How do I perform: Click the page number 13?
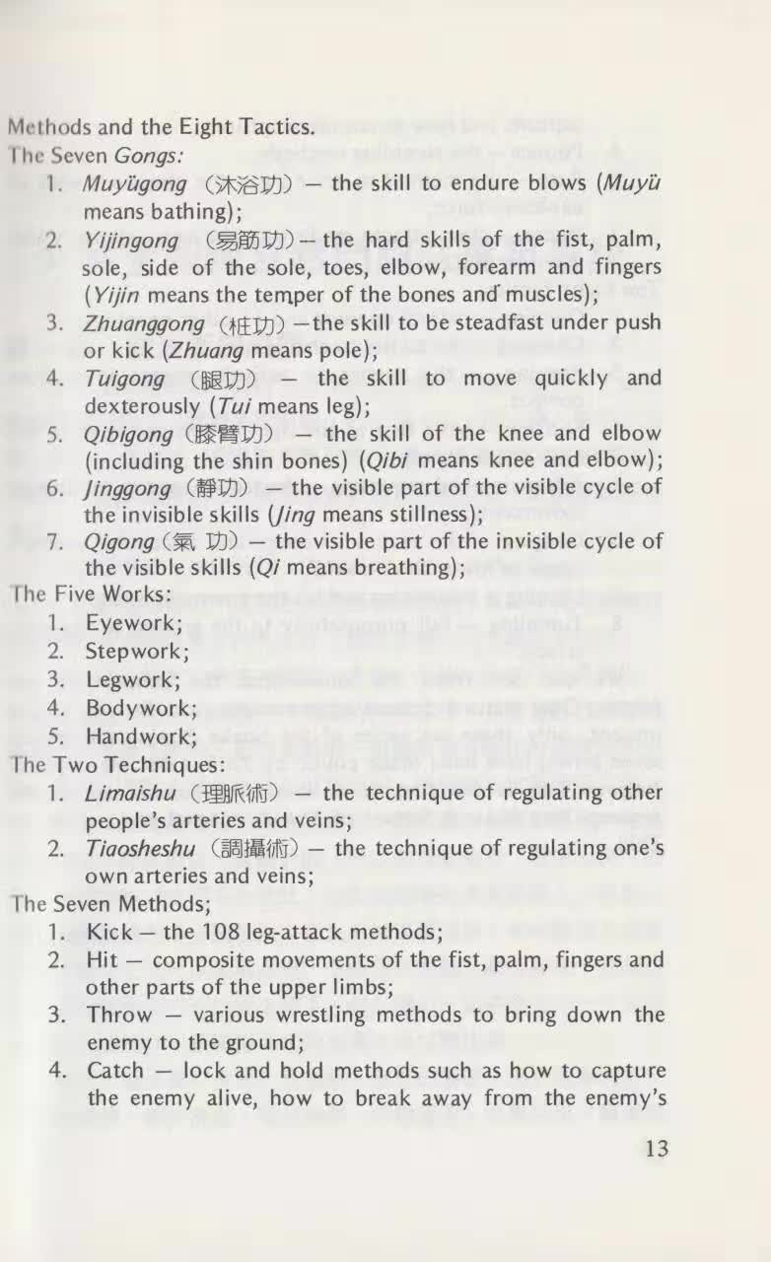click(x=655, y=1149)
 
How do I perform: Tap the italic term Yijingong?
click(x=131, y=240)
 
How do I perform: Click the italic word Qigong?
click(x=118, y=541)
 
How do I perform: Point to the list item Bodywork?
click(x=141, y=708)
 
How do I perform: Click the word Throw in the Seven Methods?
click(x=119, y=1016)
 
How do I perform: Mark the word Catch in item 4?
click(x=115, y=1071)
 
